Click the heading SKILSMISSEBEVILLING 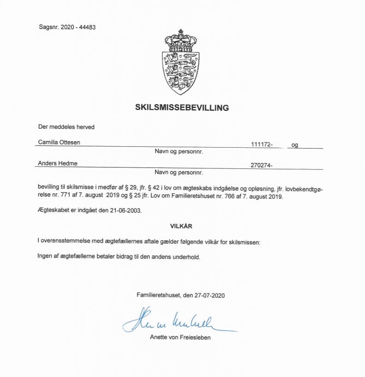click(x=182, y=108)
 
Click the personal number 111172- click(x=262, y=144)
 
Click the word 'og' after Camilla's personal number click(x=294, y=144)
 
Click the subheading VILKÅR click(x=181, y=226)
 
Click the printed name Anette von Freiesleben click(x=180, y=337)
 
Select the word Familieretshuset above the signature click(x=159, y=294)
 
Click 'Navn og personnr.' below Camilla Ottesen click(x=179, y=151)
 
